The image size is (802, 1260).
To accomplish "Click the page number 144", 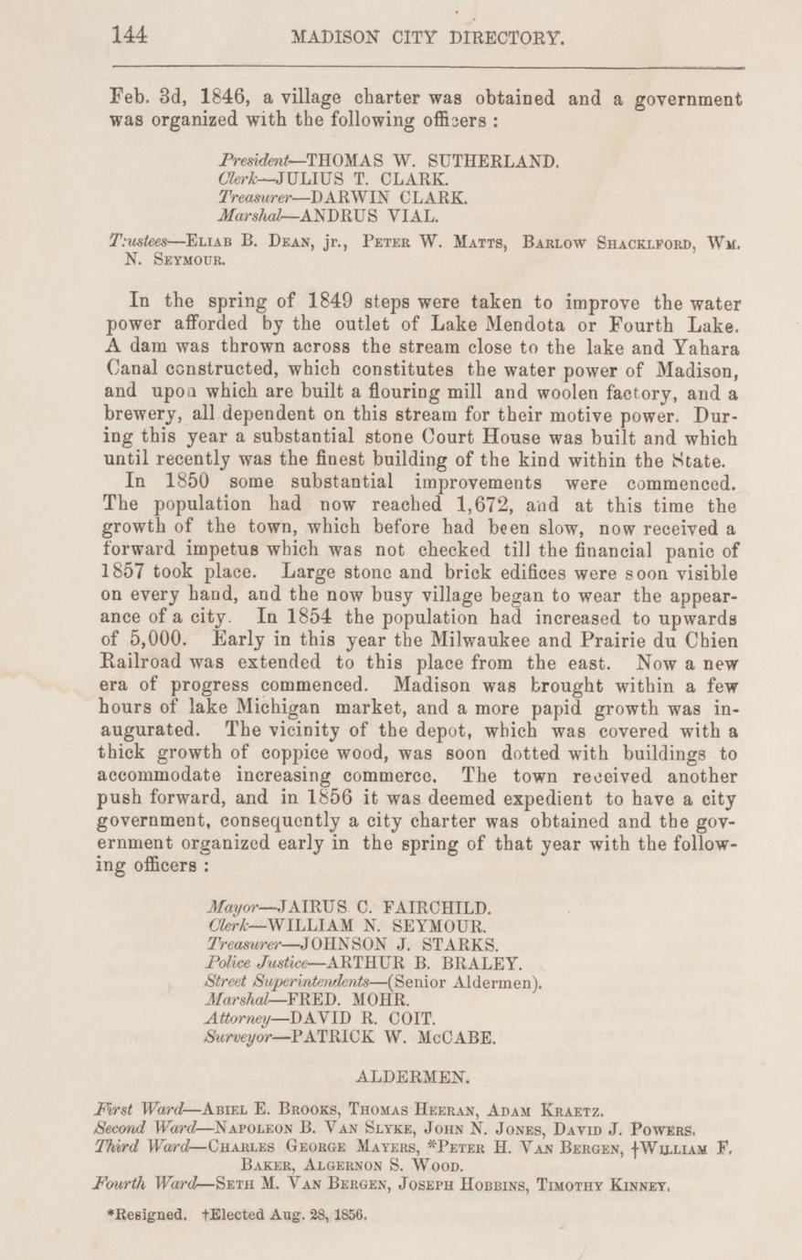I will click(129, 36).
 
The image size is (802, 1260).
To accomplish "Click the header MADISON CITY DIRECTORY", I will click(427, 37).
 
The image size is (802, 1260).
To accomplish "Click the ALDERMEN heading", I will click(413, 1078).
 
